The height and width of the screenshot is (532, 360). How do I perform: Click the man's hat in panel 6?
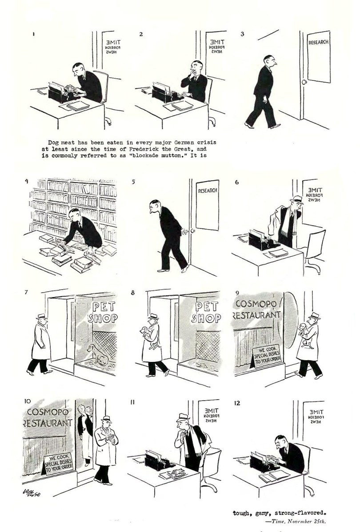click(x=296, y=199)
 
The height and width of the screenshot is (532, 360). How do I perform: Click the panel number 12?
click(x=237, y=403)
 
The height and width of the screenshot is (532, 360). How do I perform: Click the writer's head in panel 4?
click(x=75, y=214)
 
